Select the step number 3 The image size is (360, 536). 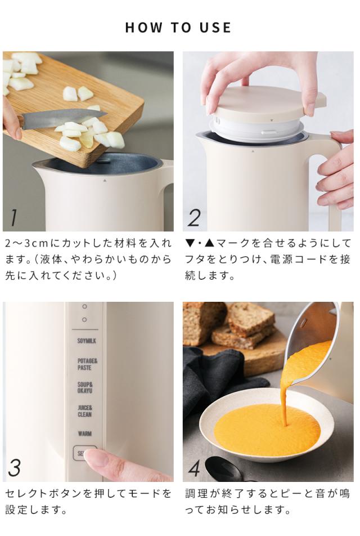click(15, 467)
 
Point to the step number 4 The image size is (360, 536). click(194, 467)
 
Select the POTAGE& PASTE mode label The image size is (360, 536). click(87, 364)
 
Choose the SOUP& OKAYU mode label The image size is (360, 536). click(85, 387)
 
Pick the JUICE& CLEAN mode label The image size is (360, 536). click(85, 411)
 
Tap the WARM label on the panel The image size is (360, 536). click(84, 434)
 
